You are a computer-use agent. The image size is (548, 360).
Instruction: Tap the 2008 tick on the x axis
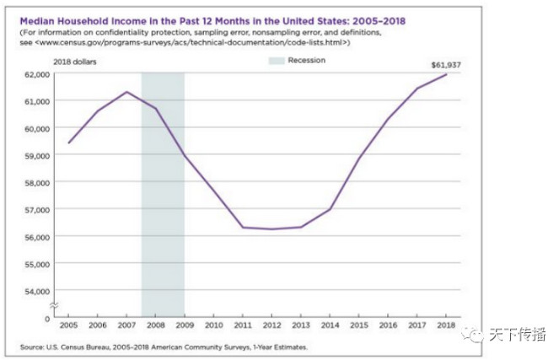(x=156, y=325)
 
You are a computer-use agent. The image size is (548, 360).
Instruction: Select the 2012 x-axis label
(x=271, y=325)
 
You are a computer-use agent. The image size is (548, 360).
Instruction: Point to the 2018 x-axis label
(x=445, y=325)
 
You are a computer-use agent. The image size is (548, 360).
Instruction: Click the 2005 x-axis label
(x=69, y=325)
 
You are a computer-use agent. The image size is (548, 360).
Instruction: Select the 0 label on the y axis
(x=47, y=318)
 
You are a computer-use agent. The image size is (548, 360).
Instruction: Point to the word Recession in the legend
(x=306, y=61)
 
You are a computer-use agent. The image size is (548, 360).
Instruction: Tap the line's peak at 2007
(x=126, y=92)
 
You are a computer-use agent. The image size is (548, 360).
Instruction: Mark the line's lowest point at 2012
(x=271, y=229)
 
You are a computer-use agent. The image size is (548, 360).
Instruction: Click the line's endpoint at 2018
(x=445, y=75)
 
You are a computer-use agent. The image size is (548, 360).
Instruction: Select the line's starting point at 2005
(x=69, y=142)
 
